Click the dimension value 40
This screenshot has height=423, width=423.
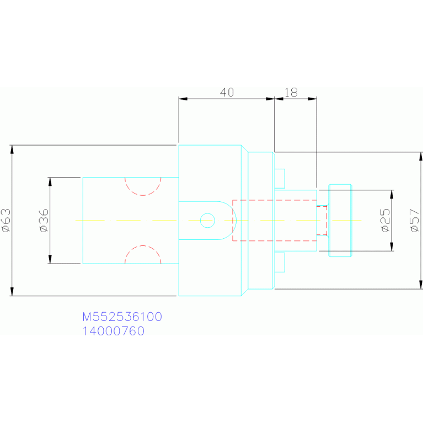[227, 92]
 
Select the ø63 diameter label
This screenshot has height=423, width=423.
[6, 220]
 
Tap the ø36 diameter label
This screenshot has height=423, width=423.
[44, 220]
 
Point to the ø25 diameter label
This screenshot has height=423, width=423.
[385, 220]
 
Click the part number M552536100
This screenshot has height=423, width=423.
[122, 317]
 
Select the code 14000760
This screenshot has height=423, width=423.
[113, 331]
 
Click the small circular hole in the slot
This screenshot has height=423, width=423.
[207, 220]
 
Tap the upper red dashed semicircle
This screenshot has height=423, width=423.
[143, 187]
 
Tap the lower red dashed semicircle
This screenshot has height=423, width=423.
[143, 254]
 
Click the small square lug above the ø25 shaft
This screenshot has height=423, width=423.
[280, 178]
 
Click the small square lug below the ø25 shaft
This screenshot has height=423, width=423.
[280, 262]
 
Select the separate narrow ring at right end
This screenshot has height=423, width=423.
[340, 220]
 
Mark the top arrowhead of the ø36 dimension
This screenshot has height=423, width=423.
[50, 181]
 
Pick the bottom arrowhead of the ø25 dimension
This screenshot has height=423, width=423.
[392, 247]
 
